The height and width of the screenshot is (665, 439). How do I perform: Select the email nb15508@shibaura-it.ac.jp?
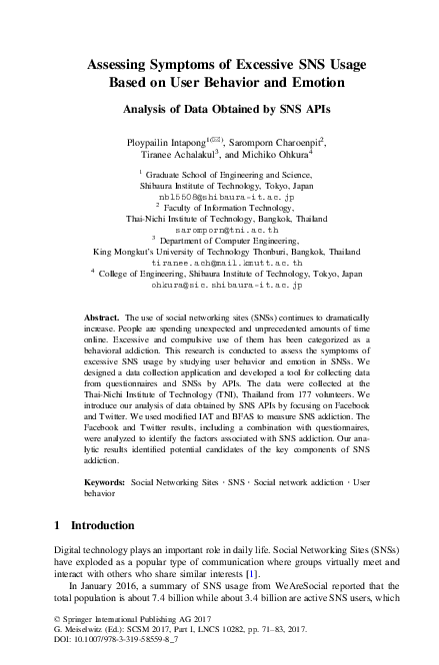[x=218, y=198]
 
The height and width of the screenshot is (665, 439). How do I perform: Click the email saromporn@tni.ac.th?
[x=218, y=229]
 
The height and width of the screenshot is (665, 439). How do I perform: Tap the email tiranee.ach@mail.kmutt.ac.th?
[x=218, y=261]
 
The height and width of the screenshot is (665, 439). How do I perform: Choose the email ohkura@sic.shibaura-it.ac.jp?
[x=218, y=284]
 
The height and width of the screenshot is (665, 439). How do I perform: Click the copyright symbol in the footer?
[x=55, y=620]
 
